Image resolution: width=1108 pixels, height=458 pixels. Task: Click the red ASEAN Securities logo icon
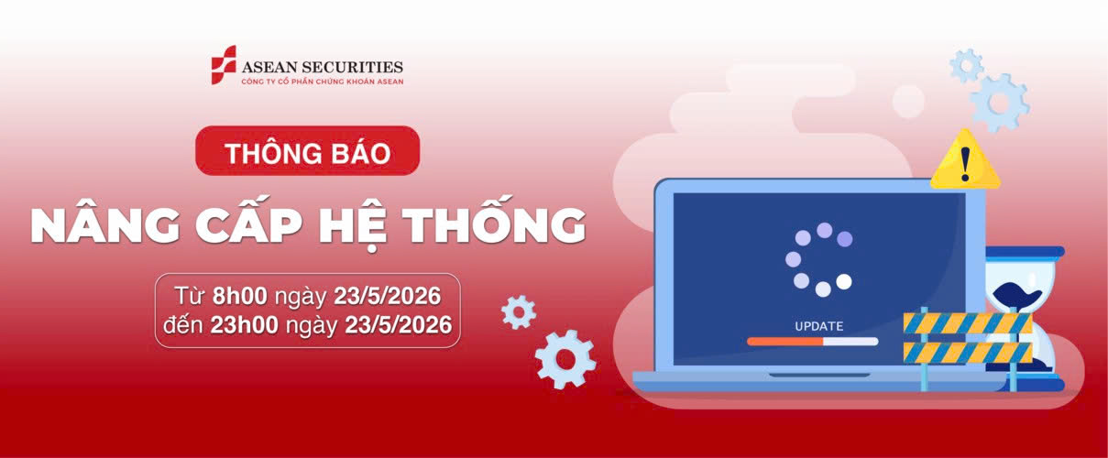(224, 65)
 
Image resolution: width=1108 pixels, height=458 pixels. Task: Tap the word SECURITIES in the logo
(353, 67)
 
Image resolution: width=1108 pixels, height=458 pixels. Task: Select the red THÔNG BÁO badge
(308, 151)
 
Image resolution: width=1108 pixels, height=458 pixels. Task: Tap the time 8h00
(240, 296)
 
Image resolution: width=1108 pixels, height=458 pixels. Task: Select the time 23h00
(245, 325)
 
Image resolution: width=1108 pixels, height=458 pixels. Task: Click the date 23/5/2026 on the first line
(388, 296)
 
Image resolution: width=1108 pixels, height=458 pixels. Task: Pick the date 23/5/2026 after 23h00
(398, 325)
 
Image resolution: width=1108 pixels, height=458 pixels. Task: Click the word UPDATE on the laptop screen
(819, 326)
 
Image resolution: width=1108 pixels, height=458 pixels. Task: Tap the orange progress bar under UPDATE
(785, 342)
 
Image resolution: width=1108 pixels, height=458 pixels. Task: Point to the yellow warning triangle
(965, 159)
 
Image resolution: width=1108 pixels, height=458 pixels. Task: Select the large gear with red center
(565, 359)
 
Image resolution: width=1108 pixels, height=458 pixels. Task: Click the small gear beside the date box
(519, 312)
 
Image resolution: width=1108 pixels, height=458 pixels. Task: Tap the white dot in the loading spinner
(844, 282)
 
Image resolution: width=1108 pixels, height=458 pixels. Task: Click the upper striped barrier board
(968, 323)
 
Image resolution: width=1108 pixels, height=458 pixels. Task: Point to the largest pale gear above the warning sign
(1000, 103)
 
